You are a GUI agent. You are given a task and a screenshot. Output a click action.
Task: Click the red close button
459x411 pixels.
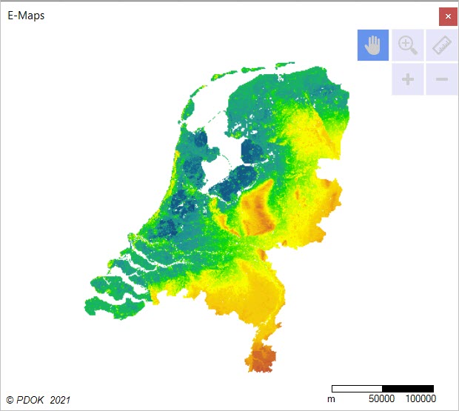point(447,16)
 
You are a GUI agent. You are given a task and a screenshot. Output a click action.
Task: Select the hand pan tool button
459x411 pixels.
point(373,45)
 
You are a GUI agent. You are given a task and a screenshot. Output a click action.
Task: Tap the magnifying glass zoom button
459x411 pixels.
point(408,45)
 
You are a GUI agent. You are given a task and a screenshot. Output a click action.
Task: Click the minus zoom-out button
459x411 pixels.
point(442,79)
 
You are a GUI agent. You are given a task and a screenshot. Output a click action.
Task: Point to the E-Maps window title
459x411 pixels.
point(26,16)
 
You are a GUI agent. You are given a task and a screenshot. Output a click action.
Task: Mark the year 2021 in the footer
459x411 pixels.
point(60,400)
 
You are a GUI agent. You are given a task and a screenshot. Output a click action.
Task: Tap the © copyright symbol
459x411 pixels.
point(10,400)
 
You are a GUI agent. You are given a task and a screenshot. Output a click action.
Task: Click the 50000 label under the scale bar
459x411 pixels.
point(381,399)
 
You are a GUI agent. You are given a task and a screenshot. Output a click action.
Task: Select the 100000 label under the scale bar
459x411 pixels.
point(420,399)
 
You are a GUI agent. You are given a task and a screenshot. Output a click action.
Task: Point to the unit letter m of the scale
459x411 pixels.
point(331,399)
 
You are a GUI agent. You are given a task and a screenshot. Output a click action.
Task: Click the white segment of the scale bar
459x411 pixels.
point(357,388)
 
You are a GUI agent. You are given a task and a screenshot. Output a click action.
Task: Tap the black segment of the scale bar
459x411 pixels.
point(408,388)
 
